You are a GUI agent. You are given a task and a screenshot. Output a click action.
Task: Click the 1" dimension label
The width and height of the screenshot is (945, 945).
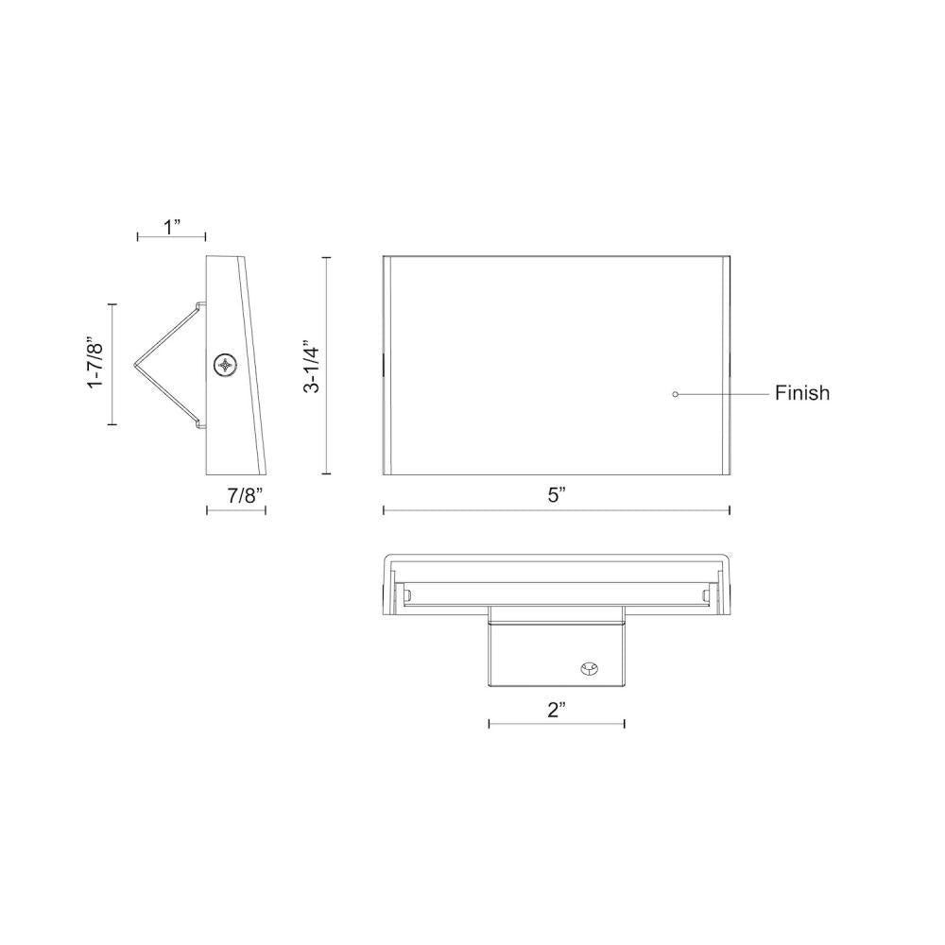[171, 227]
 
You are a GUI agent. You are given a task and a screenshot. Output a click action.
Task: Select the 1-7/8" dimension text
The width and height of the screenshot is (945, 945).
[94, 364]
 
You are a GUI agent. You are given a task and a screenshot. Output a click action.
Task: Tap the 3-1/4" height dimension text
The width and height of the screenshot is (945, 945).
[311, 366]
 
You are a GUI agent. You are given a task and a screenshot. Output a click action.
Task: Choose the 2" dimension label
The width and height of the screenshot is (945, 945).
[556, 711]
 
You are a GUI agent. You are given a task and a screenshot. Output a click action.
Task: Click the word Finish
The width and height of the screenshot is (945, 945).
[802, 393]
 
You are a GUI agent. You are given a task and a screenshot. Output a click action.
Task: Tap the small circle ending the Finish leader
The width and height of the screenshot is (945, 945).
[675, 393]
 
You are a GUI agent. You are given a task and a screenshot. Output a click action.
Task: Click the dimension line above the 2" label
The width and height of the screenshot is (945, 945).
[556, 725]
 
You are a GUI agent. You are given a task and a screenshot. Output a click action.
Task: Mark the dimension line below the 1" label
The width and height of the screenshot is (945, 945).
[171, 237]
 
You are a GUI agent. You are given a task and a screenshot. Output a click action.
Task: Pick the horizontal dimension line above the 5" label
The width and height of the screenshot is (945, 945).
[556, 510]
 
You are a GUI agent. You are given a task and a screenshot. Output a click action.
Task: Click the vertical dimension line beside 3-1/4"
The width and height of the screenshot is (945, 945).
[326, 366]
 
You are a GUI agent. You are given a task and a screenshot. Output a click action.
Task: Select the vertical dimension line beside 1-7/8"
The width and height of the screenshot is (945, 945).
[112, 364]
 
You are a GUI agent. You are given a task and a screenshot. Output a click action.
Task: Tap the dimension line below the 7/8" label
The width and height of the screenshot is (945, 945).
[236, 510]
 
